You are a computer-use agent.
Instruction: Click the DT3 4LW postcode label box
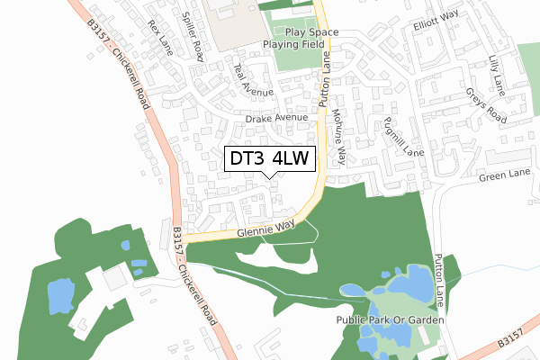pos(270,158)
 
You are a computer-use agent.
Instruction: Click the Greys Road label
pos(487,105)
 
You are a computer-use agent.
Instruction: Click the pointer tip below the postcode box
pos(270,176)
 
